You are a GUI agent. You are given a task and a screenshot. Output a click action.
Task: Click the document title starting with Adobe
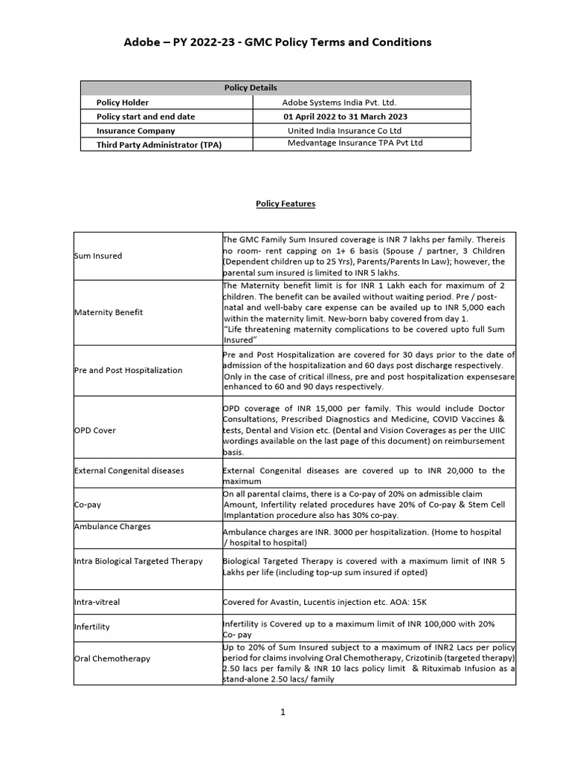click(277, 42)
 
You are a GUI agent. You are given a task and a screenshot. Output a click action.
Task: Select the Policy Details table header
click(251, 88)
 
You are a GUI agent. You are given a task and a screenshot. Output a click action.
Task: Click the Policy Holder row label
click(123, 103)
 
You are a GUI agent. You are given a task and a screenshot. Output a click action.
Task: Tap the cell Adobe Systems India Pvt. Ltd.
click(344, 103)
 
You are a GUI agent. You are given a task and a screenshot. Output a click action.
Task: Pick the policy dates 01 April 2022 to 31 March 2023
click(345, 117)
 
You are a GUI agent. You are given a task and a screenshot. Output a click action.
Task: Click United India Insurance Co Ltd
click(344, 130)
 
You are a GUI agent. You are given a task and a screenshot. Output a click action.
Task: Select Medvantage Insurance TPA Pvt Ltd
click(355, 143)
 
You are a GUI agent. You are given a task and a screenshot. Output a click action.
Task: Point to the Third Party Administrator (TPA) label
click(159, 144)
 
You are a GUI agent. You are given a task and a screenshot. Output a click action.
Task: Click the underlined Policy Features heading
click(285, 203)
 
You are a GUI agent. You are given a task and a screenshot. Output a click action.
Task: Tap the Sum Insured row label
click(98, 256)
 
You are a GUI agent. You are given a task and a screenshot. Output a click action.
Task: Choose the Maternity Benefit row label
click(109, 312)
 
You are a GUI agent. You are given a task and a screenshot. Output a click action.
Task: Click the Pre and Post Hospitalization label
click(128, 370)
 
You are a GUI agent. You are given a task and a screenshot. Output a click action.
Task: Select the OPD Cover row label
click(95, 430)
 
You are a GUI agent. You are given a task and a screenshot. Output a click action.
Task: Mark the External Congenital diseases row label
click(129, 470)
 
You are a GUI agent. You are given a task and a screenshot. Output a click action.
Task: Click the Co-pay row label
click(88, 504)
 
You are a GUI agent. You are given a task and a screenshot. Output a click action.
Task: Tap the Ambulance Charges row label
click(112, 526)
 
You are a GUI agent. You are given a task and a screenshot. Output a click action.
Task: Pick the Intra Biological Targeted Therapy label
click(138, 561)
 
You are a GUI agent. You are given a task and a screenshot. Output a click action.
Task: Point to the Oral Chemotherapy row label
click(112, 658)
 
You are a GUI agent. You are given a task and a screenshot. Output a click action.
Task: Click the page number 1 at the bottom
click(283, 712)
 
